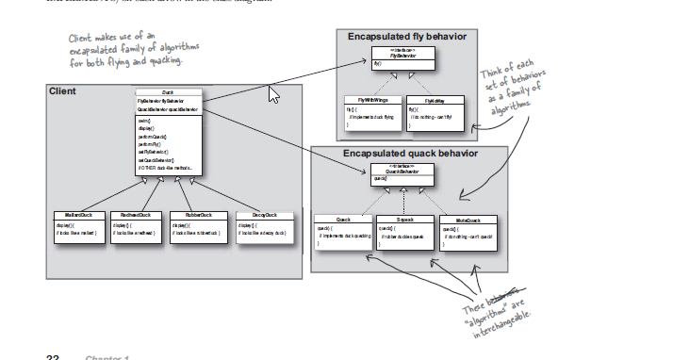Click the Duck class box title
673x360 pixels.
coord(167,92)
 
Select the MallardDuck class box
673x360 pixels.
coord(72,226)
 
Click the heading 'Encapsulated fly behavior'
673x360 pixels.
coord(406,37)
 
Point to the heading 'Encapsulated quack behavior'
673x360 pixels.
coord(410,153)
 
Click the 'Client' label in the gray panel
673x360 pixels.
coord(62,92)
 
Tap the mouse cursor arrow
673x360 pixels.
coord(274,94)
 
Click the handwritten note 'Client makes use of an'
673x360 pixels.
coord(104,37)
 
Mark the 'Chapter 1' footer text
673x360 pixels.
coord(107,357)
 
